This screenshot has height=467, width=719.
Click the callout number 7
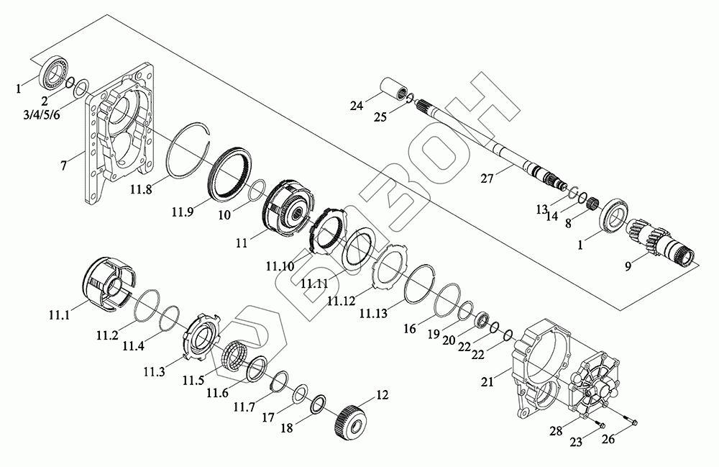(x=64, y=165)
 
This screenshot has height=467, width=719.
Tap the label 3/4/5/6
(x=42, y=114)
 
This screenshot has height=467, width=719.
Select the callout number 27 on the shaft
(x=487, y=178)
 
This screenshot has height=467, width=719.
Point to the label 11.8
(x=141, y=189)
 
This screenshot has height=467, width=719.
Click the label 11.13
(x=373, y=313)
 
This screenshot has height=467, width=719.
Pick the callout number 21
(x=487, y=381)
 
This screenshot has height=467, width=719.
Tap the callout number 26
(x=608, y=439)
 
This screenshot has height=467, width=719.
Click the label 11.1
(x=59, y=315)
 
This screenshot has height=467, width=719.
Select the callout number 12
(x=382, y=395)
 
